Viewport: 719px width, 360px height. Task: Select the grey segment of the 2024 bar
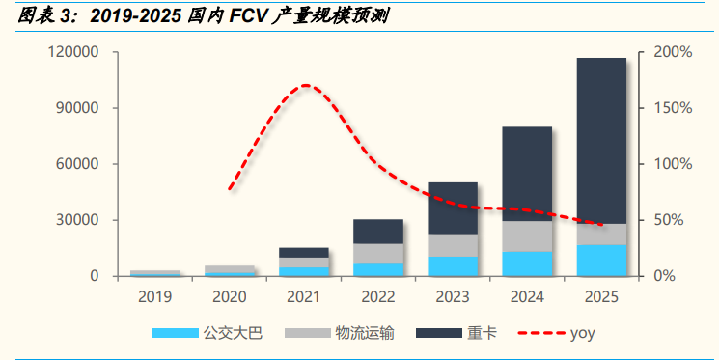point(526,236)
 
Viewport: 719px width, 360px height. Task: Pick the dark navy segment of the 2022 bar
point(377,231)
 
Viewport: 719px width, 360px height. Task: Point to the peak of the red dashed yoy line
point(306,86)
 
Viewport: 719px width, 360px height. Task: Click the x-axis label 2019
point(155,296)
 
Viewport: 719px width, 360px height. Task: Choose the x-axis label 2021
point(303,296)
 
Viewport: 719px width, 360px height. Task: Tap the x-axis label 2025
point(600,296)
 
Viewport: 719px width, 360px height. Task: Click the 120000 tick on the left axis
point(74,52)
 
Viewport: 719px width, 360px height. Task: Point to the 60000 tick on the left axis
point(78,164)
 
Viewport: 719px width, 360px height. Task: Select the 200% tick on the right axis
point(672,52)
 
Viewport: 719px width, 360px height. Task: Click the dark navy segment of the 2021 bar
point(303,252)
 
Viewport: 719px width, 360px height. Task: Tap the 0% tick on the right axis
point(668,276)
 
